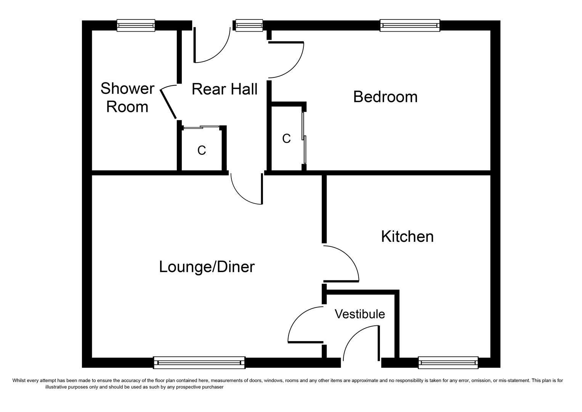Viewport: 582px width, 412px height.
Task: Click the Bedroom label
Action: point(385,97)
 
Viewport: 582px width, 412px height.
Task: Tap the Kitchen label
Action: point(407,237)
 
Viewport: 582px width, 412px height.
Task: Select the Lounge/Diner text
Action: point(207,267)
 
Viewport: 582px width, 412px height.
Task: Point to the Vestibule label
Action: point(359,314)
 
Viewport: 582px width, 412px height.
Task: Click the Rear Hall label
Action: point(224,89)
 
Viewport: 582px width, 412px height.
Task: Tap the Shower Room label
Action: point(127,98)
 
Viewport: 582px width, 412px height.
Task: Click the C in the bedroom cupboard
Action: point(286,138)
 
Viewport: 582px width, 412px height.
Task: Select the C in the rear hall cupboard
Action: point(202,151)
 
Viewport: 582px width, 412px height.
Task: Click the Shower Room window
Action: point(136,25)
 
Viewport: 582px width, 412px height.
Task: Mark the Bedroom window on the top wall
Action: point(410,25)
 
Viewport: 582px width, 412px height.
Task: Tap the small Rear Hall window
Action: point(249,25)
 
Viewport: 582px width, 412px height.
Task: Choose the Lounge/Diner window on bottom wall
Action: point(199,362)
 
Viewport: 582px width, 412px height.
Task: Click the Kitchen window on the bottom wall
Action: point(448,362)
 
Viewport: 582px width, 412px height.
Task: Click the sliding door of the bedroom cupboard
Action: point(304,137)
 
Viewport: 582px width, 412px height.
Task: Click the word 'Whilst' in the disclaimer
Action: point(19,380)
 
